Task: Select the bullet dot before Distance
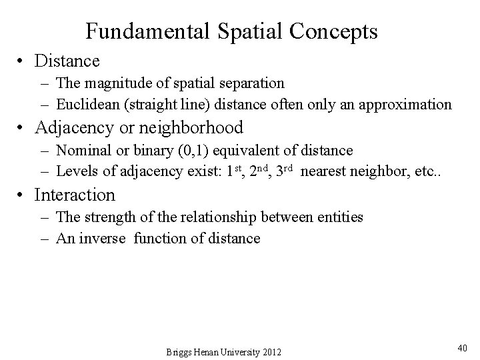[23, 62]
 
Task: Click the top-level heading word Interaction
[75, 195]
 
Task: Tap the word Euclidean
[85, 104]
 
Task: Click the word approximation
[409, 104]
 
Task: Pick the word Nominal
[82, 151]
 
